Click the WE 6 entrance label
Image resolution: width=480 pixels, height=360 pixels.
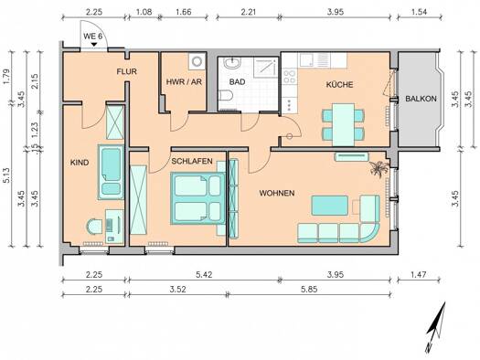pos(92,37)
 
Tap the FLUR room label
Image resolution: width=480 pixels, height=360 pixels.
pos(126,71)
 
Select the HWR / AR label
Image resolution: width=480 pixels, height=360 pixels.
pos(184,82)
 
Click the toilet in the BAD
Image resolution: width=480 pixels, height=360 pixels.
pos(226,95)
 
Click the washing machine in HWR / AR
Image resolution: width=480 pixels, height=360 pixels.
pos(197,61)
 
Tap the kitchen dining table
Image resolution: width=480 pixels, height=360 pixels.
pos(344,125)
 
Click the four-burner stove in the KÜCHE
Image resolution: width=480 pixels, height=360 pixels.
pos(289,77)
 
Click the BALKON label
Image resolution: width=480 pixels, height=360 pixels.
pos(421,99)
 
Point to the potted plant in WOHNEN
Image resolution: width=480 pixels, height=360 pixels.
pos(379,168)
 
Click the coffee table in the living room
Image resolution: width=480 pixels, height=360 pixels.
pos(330,206)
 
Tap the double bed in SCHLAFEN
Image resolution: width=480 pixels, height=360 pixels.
pos(197,197)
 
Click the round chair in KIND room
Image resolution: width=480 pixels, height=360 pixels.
pos(94,227)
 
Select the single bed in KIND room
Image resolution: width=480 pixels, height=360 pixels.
pos(111,172)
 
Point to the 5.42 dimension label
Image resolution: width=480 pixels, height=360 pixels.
pos(204,274)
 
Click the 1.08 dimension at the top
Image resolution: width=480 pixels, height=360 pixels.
pos(144,12)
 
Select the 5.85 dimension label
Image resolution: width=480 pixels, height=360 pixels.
pos(309,289)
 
